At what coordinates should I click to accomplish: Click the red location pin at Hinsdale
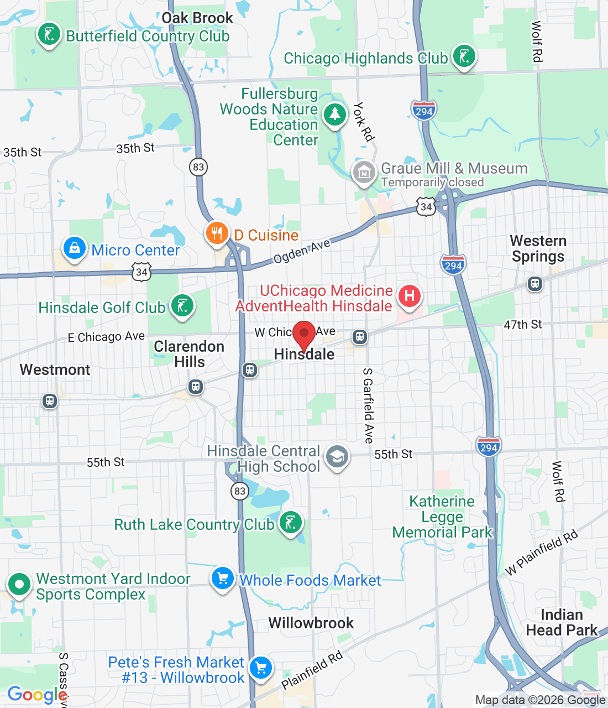[x=304, y=335]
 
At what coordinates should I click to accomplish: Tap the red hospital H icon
[x=409, y=295]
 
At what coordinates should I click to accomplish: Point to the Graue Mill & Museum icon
[x=364, y=173]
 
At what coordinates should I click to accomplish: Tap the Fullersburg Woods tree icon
[x=334, y=114]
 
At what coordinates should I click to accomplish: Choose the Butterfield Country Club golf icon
[x=49, y=34]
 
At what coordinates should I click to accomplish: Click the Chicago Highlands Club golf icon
[x=464, y=56]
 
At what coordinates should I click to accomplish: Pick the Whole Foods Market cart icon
[x=223, y=579]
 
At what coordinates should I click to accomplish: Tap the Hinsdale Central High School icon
[x=337, y=457]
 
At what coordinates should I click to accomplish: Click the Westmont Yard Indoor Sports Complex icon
[x=19, y=584]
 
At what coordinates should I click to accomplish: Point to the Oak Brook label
[x=197, y=18]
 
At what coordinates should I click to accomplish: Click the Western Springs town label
[x=538, y=249]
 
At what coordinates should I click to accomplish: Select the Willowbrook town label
[x=311, y=623]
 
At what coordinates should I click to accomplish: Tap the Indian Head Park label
[x=562, y=622]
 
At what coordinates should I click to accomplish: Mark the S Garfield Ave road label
[x=368, y=405]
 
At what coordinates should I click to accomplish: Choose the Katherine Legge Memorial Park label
[x=442, y=517]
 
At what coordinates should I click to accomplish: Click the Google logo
[x=36, y=695]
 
